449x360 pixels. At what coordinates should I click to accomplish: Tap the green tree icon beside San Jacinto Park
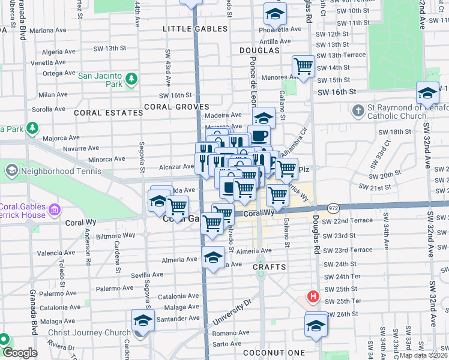coord(130,79)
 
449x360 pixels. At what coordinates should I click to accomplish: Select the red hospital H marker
coord(312,296)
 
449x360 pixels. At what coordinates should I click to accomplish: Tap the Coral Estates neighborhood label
coord(99,112)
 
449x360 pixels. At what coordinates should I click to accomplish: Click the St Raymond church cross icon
coord(358,110)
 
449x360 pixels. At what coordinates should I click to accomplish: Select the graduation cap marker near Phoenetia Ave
coord(275,14)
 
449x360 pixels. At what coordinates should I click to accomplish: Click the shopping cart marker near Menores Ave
coord(304,66)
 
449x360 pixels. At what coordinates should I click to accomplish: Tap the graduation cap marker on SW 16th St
coord(427,93)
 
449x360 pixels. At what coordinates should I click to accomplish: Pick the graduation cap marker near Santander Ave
coord(143,321)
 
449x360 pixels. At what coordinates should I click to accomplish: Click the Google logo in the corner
coord(20,353)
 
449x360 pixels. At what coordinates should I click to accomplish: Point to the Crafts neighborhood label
coord(269,266)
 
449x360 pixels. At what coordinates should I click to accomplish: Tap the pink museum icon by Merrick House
coord(55,209)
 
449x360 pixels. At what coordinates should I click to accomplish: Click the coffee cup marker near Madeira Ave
coord(259,136)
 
